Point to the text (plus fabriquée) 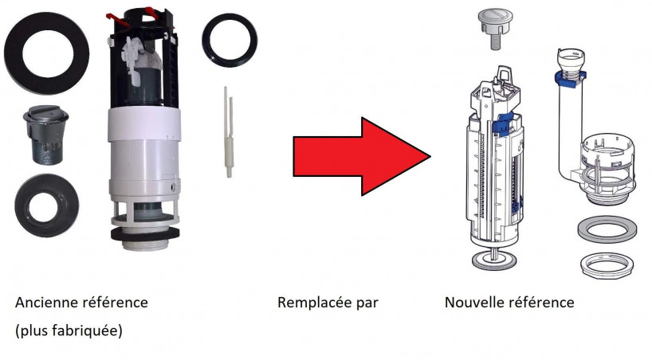69,331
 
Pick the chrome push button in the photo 45,135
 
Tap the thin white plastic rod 228,131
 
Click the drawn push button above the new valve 495,27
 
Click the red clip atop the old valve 114,18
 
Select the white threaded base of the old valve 145,243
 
